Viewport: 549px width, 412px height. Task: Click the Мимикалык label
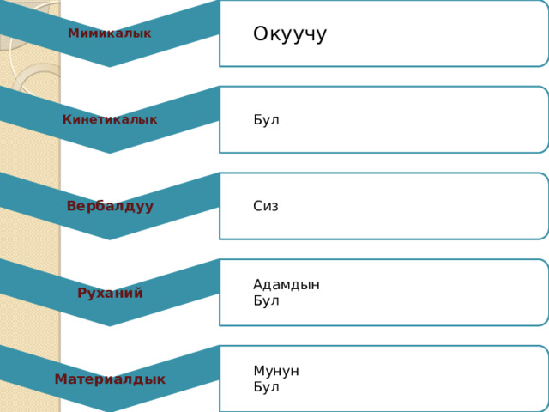pyautogui.click(x=110, y=33)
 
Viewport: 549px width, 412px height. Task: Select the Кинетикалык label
pyautogui.click(x=110, y=119)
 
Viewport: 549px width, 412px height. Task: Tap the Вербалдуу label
pyautogui.click(x=110, y=206)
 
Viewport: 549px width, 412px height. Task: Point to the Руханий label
pyautogui.click(x=110, y=293)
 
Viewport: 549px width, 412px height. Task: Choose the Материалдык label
pyautogui.click(x=110, y=379)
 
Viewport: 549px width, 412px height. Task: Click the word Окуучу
pyautogui.click(x=290, y=34)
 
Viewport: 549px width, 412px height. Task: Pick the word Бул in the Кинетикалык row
pyautogui.click(x=266, y=120)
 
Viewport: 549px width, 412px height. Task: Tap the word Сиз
pyautogui.click(x=266, y=206)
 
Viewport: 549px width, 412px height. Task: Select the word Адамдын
pyautogui.click(x=287, y=284)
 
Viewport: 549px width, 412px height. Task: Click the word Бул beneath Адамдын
pyautogui.click(x=266, y=300)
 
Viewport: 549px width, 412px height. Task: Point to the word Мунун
pyautogui.click(x=276, y=371)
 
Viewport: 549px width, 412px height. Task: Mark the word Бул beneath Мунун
pyautogui.click(x=266, y=387)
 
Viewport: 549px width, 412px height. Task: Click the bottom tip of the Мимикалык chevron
pyautogui.click(x=110, y=67)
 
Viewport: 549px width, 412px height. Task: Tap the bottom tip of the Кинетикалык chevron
pyautogui.click(x=110, y=153)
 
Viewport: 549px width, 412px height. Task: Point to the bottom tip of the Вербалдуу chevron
pyautogui.click(x=110, y=239)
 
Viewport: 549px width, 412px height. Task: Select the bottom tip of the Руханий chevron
pyautogui.click(x=110, y=326)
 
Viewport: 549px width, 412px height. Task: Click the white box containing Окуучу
pyautogui.click(x=383, y=33)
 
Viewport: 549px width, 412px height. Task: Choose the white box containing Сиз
pyautogui.click(x=383, y=206)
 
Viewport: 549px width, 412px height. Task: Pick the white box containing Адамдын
pyautogui.click(x=383, y=293)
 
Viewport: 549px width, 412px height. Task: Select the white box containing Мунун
pyautogui.click(x=383, y=379)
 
